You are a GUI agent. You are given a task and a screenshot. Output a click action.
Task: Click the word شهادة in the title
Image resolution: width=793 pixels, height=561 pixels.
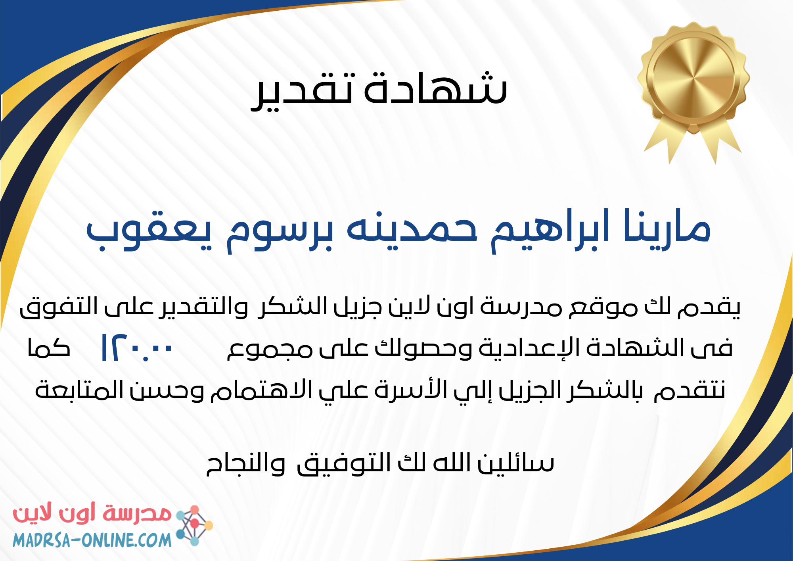point(436,88)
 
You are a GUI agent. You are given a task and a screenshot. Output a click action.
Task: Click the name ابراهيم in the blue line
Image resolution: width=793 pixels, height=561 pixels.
point(550,230)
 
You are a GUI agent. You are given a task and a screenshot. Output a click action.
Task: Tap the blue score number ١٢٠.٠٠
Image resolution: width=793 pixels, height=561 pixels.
point(137,348)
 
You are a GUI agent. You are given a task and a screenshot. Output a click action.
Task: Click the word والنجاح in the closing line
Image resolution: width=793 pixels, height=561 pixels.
point(246,464)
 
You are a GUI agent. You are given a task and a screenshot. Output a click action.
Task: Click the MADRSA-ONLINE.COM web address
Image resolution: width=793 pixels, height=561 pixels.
point(92,540)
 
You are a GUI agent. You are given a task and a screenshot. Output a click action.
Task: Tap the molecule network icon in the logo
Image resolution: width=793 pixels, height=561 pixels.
point(194,525)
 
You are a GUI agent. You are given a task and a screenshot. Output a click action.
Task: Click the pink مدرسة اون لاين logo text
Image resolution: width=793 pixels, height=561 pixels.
point(92,514)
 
